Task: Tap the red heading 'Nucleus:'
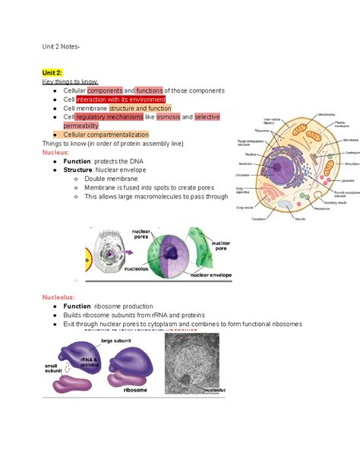point(58,152)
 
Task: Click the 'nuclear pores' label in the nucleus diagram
point(142,233)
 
